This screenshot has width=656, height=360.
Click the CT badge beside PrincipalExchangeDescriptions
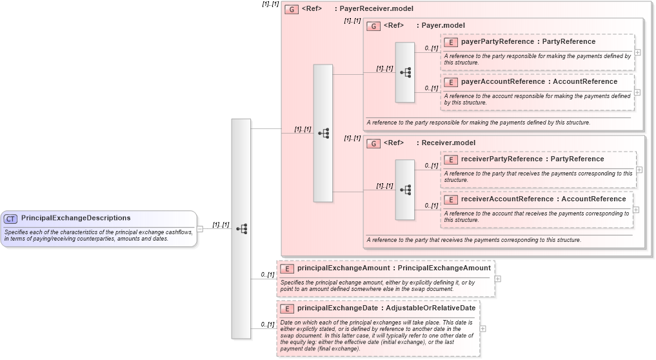[11, 219]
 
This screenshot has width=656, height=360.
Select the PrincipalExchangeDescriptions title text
[75, 218]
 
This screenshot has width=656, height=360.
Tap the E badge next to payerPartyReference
[451, 42]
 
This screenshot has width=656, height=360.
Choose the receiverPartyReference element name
[502, 159]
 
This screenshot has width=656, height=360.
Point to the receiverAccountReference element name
[507, 199]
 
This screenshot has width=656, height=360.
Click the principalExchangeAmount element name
[343, 268]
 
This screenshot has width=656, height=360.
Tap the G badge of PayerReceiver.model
[292, 10]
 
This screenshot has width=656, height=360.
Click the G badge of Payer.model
[373, 26]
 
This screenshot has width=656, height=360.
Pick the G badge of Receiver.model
[373, 143]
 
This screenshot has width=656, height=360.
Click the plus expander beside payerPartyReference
[637, 52]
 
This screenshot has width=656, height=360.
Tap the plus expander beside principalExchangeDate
[483, 328]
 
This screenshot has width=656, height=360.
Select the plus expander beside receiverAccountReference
[636, 210]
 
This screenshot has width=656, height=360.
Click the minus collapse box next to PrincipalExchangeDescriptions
[200, 228]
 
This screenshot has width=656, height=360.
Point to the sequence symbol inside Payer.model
[405, 72]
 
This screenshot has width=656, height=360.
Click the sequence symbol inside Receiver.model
[405, 190]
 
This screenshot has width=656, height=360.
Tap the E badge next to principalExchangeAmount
[287, 268]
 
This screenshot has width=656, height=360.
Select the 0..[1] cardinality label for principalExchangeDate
[268, 325]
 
